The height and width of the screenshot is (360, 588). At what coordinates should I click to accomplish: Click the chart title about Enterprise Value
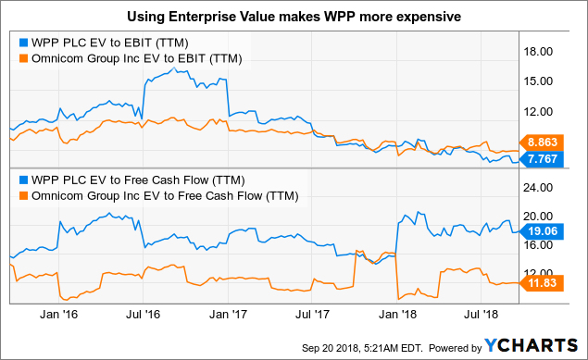[x=294, y=17]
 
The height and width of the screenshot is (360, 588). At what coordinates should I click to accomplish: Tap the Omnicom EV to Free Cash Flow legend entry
[x=163, y=195]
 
